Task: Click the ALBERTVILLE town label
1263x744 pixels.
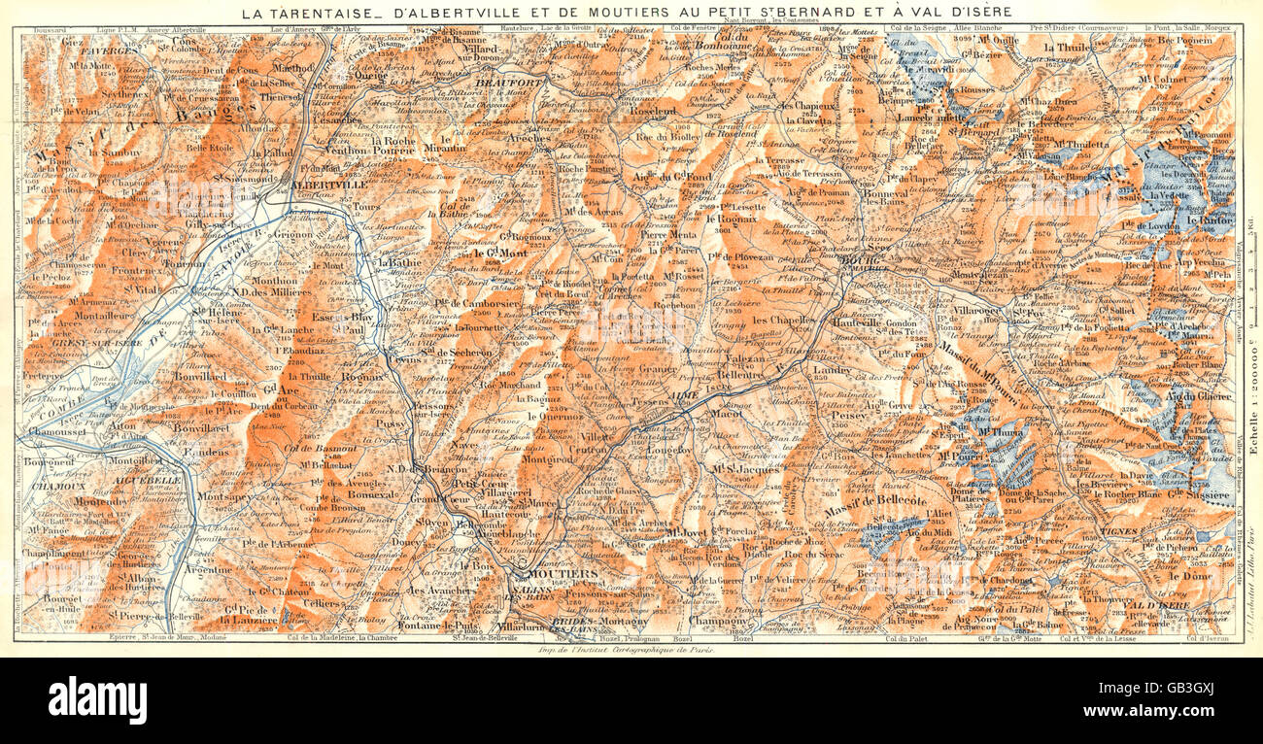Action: [x=330, y=183]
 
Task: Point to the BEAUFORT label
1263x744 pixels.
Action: [x=500, y=85]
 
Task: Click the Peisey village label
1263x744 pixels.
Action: [x=822, y=414]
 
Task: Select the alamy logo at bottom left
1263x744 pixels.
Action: [x=97, y=699]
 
